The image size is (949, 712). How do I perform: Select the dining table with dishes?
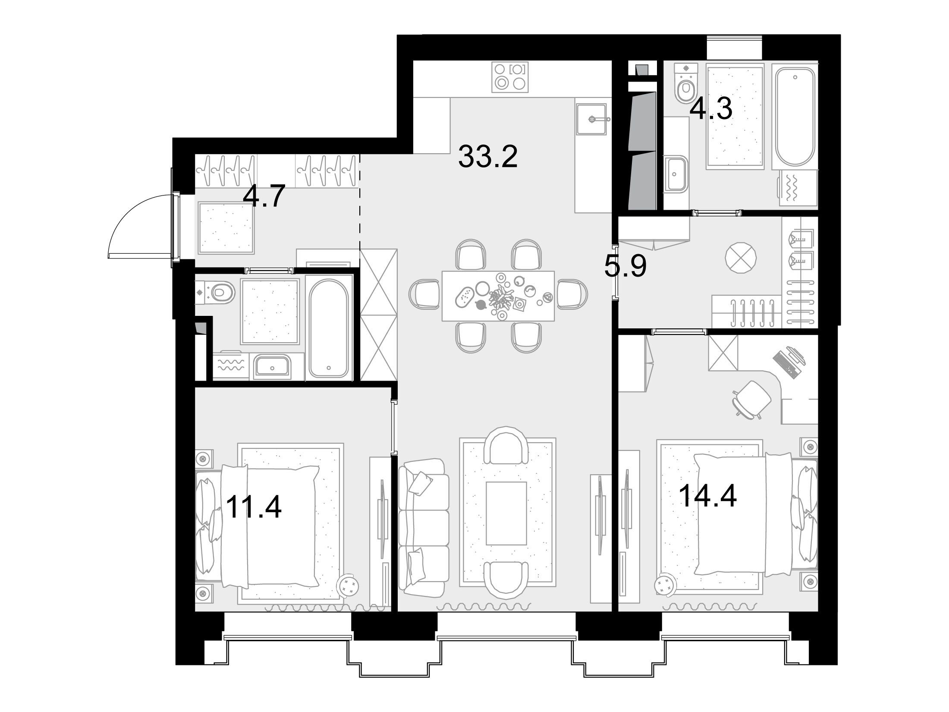point(498,296)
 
